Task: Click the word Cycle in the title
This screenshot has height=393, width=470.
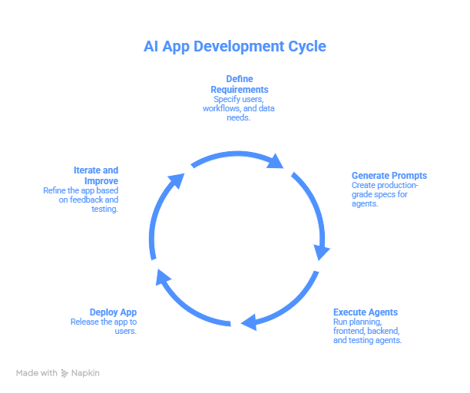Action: pos(305,47)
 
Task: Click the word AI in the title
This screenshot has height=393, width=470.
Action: pos(151,47)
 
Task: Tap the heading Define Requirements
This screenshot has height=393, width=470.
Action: pos(239,84)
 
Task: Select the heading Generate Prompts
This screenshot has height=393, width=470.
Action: pos(389,176)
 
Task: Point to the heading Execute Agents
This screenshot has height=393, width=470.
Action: pos(365,312)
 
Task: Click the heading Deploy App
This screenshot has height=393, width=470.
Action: pos(113,312)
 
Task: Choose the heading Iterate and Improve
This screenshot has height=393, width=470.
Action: pos(96,174)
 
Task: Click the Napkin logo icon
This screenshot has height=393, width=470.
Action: pos(65,373)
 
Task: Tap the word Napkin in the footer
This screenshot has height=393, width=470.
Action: pos(85,373)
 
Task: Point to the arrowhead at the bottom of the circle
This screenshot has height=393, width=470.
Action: pos(247,322)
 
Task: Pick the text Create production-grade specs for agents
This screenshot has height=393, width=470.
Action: pos(384,195)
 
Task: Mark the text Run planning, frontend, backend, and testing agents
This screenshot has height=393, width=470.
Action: pos(367,330)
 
